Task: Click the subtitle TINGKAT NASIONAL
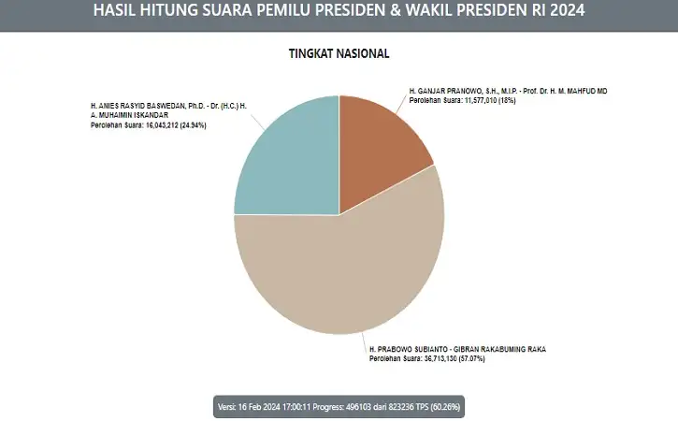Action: point(339,53)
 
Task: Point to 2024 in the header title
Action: point(568,10)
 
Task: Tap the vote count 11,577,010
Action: point(481,100)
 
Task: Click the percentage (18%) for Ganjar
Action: point(507,100)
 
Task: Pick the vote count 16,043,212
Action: point(160,125)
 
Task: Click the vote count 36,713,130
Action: point(439,358)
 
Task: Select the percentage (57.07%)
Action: point(471,358)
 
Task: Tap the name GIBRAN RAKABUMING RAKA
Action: point(499,349)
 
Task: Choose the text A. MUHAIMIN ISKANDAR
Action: point(129,115)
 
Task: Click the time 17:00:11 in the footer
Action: point(296,407)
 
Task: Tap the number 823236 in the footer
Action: point(398,407)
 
